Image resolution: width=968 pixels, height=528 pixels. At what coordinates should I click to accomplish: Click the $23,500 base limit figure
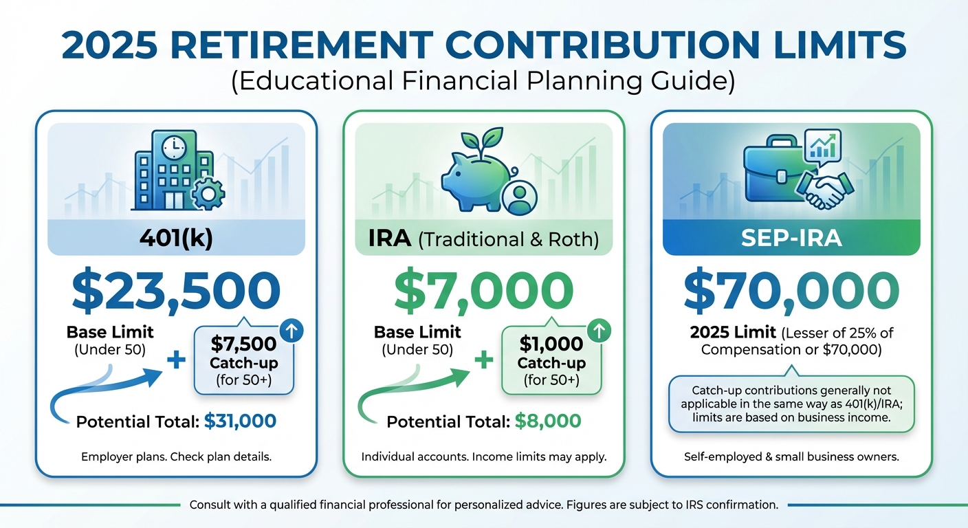(175, 291)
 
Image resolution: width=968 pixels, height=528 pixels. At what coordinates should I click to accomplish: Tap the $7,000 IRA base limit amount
(483, 291)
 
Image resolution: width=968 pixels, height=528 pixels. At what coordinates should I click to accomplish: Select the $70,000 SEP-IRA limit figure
(791, 291)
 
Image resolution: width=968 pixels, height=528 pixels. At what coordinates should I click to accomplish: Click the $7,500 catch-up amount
(243, 344)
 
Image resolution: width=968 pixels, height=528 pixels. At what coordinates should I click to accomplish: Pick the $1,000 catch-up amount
(551, 344)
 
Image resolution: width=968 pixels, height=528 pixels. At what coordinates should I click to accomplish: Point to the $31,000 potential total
(240, 421)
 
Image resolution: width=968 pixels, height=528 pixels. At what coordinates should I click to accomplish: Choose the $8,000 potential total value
(547, 421)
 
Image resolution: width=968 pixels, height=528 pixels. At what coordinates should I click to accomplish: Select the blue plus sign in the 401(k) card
(176, 360)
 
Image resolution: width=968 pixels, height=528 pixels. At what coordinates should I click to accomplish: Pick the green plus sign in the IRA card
(484, 360)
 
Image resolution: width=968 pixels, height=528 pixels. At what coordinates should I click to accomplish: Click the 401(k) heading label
(175, 240)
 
